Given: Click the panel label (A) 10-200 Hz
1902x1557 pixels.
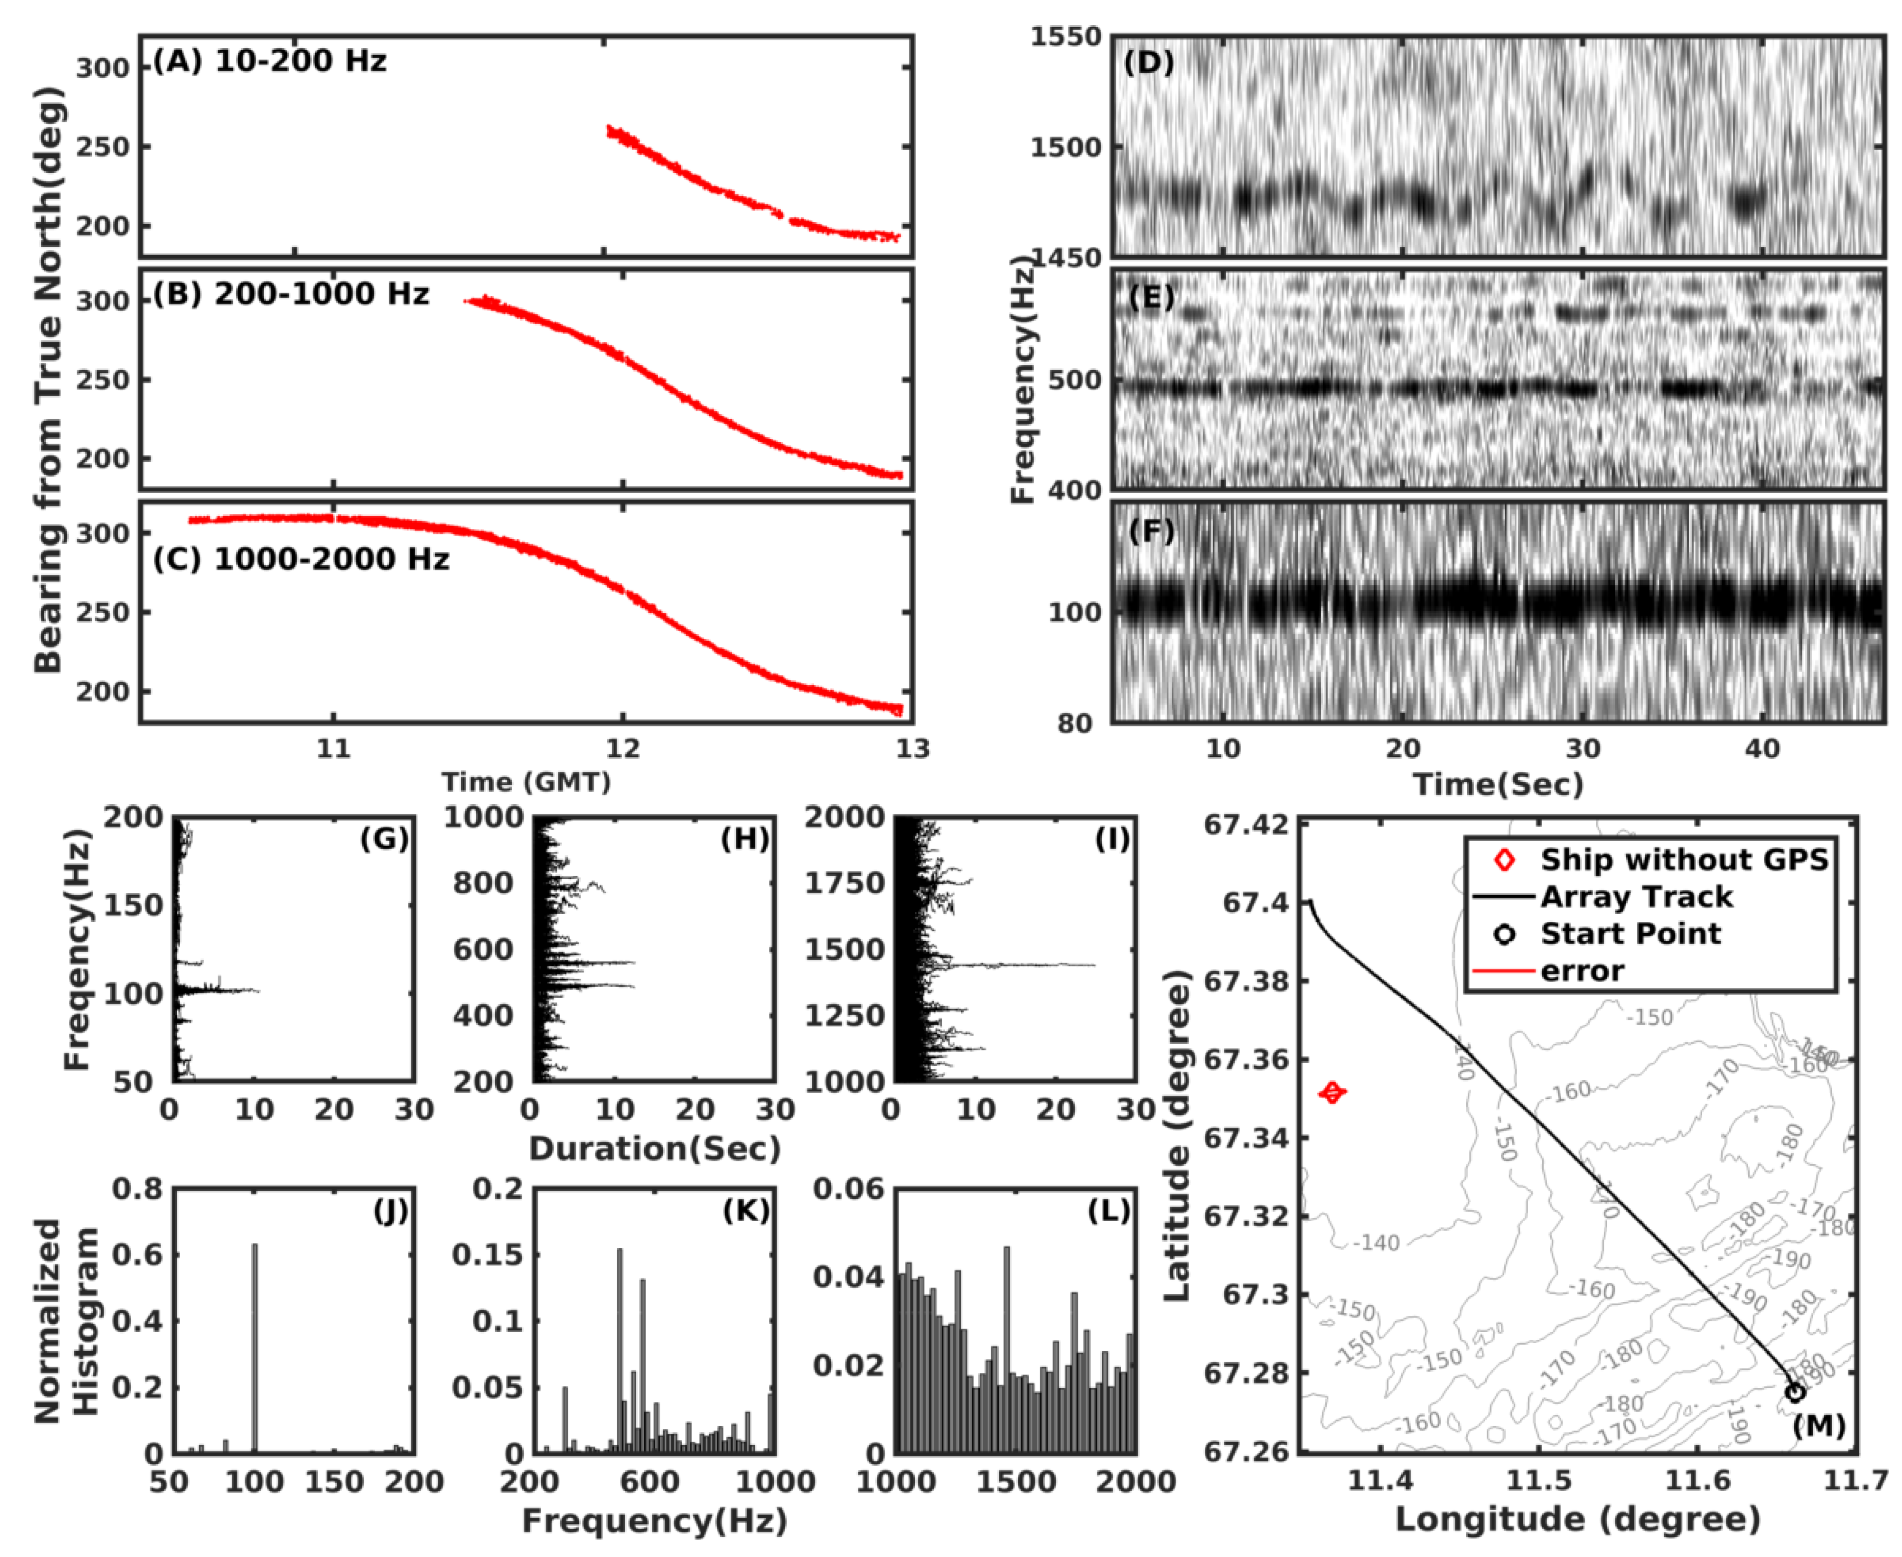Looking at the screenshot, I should [269, 61].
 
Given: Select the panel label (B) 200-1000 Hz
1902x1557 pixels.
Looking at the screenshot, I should [290, 294].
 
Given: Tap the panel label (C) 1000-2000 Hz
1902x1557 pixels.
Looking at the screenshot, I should [300, 559].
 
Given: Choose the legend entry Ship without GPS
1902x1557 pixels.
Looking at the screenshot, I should [1683, 859].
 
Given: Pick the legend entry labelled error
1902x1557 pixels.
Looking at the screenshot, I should [1582, 972].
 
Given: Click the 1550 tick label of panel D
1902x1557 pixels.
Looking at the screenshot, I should [1065, 37].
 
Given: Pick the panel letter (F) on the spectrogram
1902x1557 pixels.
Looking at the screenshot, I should [1150, 531].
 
